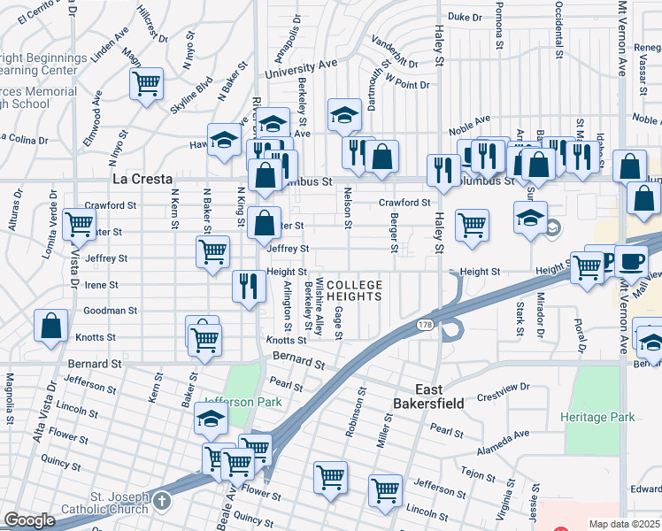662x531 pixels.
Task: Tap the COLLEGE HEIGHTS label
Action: tap(354, 290)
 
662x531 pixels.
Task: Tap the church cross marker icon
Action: tap(160, 502)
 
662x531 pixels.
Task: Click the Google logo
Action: tap(29, 520)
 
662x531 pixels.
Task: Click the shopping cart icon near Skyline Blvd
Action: tap(145, 84)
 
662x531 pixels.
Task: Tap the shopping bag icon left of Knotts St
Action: tap(51, 325)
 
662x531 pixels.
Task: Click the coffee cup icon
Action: tap(631, 261)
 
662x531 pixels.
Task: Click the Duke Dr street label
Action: tap(465, 17)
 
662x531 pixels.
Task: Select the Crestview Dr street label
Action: tap(501, 388)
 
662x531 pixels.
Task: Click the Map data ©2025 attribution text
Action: tap(624, 524)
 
